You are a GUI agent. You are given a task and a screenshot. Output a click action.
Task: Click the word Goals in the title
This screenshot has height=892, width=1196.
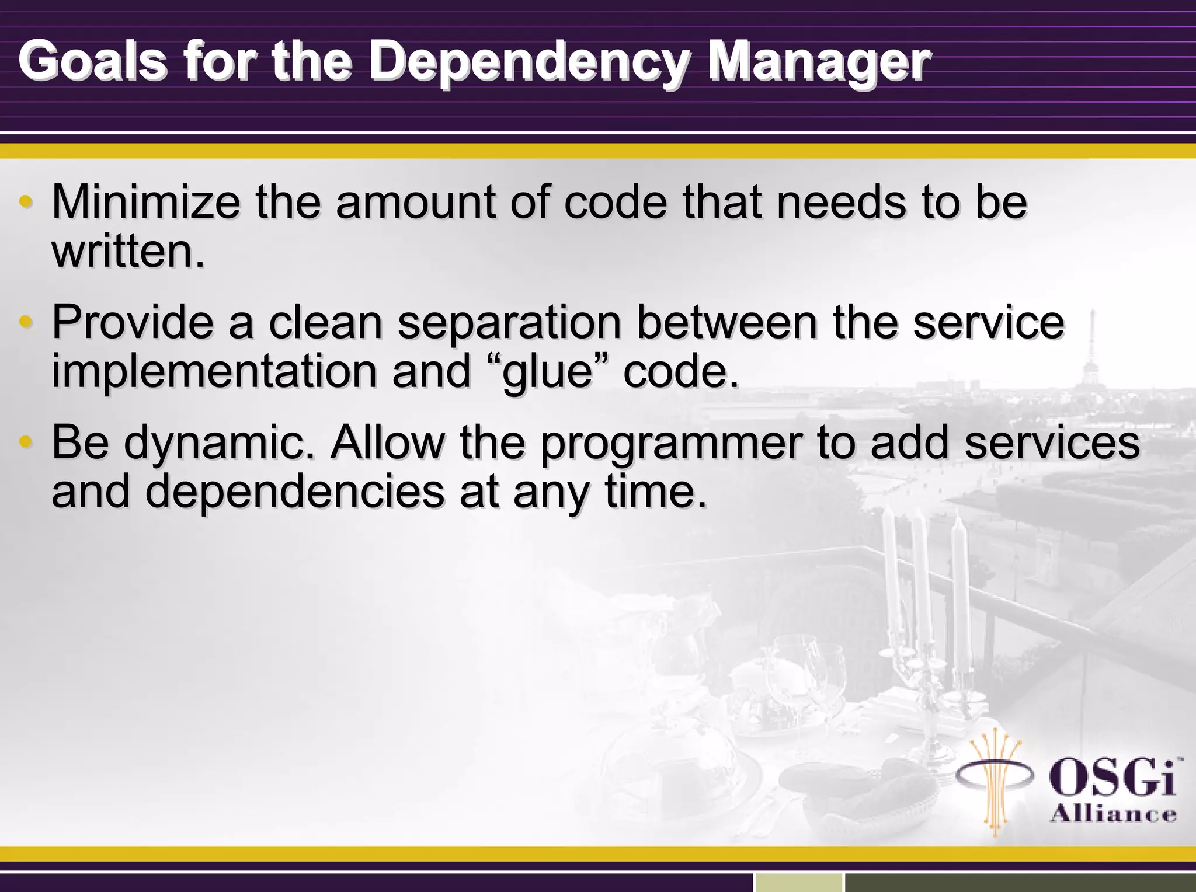92,61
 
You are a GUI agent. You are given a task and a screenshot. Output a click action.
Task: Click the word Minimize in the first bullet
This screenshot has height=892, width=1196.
145,202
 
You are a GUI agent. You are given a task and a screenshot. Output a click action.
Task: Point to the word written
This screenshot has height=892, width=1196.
128,252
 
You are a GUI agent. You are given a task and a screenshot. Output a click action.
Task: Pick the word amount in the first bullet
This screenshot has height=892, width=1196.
415,203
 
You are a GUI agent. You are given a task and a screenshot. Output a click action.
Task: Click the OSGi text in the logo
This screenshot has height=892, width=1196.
1112,777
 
